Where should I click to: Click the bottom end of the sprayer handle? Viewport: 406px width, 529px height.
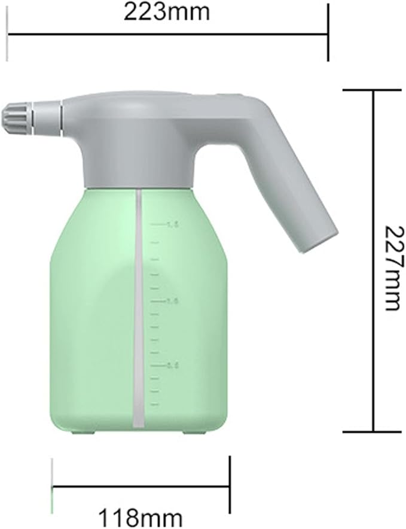[316, 239]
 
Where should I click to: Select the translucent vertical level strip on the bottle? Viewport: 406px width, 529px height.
[138, 308]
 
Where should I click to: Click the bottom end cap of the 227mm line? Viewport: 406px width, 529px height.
[374, 431]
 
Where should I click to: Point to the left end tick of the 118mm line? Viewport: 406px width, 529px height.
[53, 486]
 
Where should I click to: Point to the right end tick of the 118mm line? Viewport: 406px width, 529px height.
[230, 486]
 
